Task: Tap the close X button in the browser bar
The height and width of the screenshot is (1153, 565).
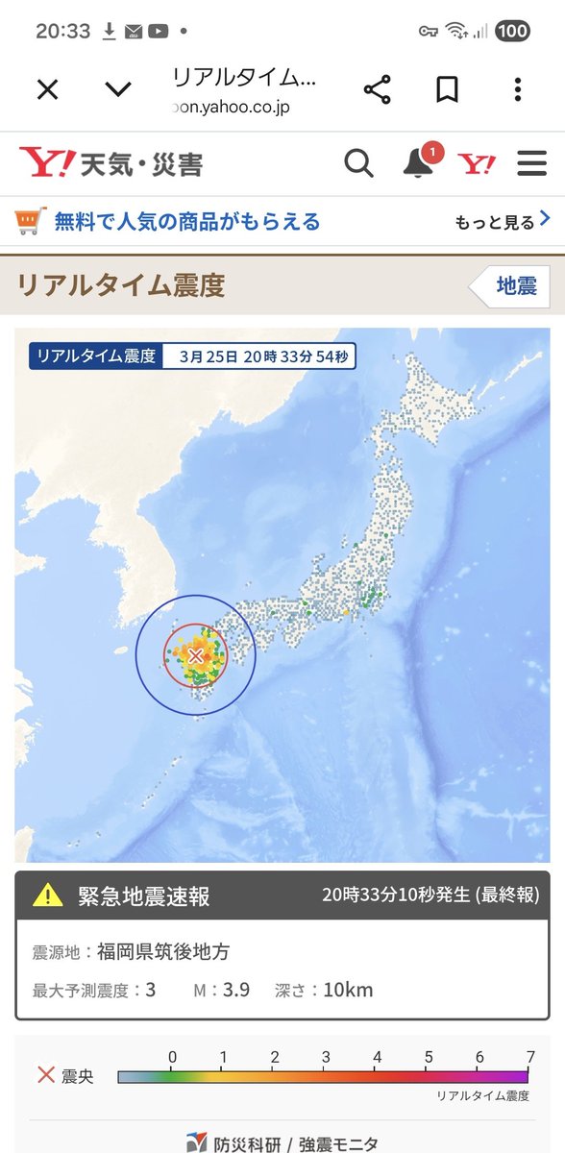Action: tap(47, 90)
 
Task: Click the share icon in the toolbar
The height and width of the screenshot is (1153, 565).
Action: tap(377, 90)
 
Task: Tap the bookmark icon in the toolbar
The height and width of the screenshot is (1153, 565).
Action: tap(447, 90)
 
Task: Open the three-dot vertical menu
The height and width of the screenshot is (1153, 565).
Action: tap(518, 90)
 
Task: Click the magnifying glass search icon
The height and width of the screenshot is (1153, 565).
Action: tap(358, 163)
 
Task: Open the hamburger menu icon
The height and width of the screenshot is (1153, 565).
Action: tap(531, 163)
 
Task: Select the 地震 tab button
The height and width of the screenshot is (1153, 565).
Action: tap(515, 285)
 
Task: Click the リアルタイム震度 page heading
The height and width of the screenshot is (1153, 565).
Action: tap(120, 285)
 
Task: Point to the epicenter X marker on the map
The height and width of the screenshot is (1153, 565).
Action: tap(195, 655)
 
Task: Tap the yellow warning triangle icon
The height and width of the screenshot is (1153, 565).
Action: tap(48, 896)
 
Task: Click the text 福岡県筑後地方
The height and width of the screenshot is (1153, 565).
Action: tap(163, 952)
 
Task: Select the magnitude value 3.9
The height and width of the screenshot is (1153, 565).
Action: tap(236, 990)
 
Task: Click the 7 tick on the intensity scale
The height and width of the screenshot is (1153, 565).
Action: tap(530, 1058)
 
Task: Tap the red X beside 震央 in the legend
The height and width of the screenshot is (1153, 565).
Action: tap(45, 1075)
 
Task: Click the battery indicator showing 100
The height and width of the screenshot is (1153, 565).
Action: tap(512, 31)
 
